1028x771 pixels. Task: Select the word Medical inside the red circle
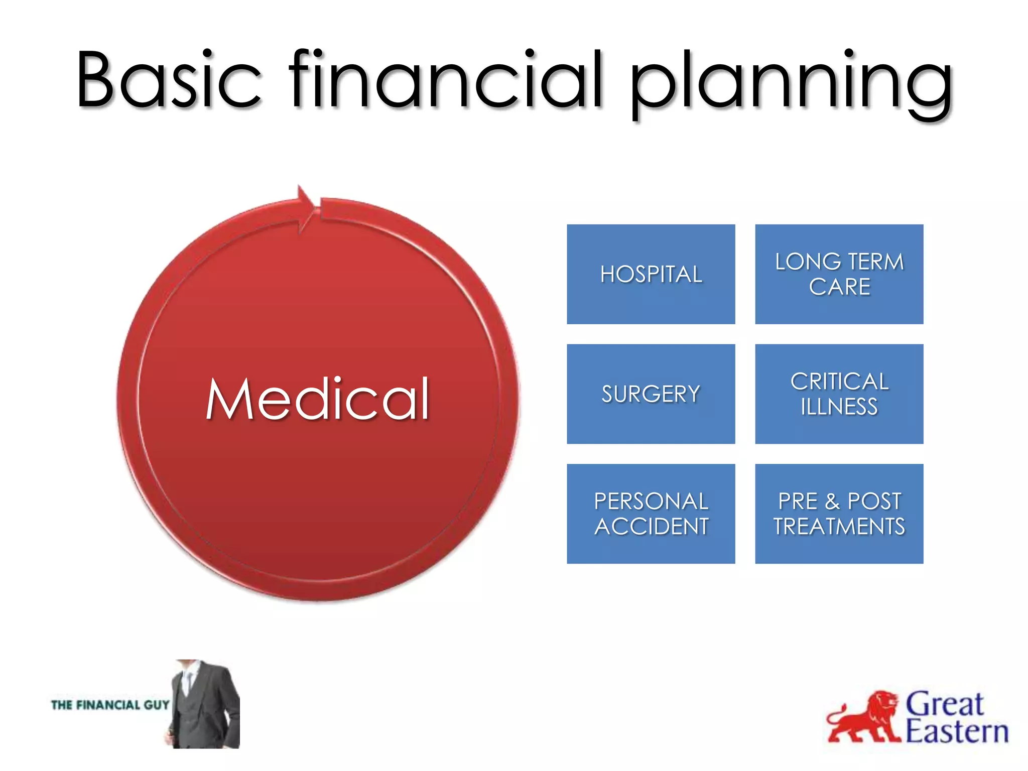[317, 399]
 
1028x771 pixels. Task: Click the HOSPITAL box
[651, 274]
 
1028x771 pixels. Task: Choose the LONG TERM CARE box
[839, 274]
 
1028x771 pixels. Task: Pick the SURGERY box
[651, 394]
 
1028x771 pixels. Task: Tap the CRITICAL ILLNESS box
[839, 394]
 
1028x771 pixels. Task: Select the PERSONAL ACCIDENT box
[651, 513]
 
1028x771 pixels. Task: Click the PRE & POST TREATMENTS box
[839, 513]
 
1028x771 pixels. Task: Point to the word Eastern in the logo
[957, 732]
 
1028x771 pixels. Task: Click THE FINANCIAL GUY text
[110, 705]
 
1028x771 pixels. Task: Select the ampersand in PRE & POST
[832, 501]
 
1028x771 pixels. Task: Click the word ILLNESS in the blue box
[839, 407]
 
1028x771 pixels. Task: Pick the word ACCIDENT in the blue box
[651, 527]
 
